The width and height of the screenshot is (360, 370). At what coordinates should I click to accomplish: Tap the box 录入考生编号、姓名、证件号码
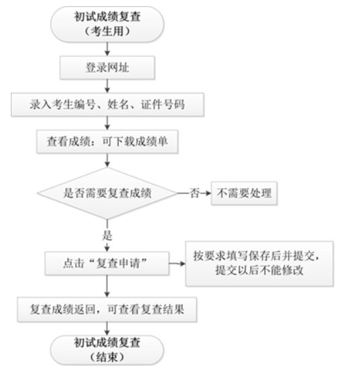(x=108, y=104)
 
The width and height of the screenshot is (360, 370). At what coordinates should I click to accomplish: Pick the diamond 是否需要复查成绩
(x=108, y=193)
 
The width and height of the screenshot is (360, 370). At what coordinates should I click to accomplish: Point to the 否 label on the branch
(x=195, y=193)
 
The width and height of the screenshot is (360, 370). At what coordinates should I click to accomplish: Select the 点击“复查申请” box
(x=108, y=263)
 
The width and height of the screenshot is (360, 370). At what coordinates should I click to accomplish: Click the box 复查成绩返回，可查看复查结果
(x=108, y=309)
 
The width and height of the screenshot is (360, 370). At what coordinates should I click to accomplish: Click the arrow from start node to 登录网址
(x=108, y=49)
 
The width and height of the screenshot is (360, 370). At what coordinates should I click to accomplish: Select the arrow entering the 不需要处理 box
(x=206, y=193)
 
